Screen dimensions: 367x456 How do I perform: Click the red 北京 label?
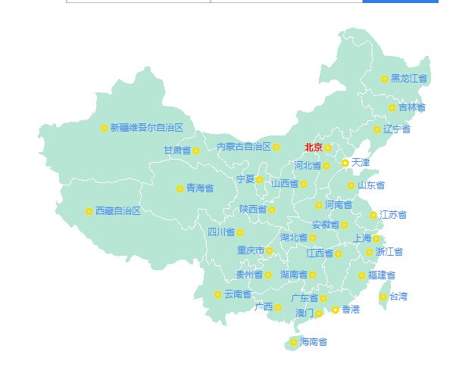point(313,148)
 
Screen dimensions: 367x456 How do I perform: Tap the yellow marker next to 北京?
point(328,148)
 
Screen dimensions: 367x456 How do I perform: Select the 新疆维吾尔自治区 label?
point(147,128)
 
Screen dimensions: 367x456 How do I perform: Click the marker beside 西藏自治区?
point(89,211)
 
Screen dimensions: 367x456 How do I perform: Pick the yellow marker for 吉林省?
point(392,107)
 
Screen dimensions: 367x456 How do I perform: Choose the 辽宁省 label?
point(397,129)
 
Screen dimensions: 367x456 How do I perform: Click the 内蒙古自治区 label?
point(244,147)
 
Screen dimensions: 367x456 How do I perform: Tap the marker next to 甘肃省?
point(195,151)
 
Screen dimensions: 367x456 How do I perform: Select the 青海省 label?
point(200,188)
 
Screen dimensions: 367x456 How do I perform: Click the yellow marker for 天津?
point(345,163)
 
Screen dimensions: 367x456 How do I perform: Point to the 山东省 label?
point(371,185)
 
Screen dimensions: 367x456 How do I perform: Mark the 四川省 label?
point(221,232)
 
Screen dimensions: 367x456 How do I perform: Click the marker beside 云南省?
point(218,294)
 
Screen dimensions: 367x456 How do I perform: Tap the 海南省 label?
point(314,342)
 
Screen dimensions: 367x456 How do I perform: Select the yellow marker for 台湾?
point(383,297)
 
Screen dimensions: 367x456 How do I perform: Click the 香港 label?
point(351,309)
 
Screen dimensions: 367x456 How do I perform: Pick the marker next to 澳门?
point(319,313)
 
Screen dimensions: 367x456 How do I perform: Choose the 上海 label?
point(362,238)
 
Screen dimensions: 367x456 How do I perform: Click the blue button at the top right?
point(400,2)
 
